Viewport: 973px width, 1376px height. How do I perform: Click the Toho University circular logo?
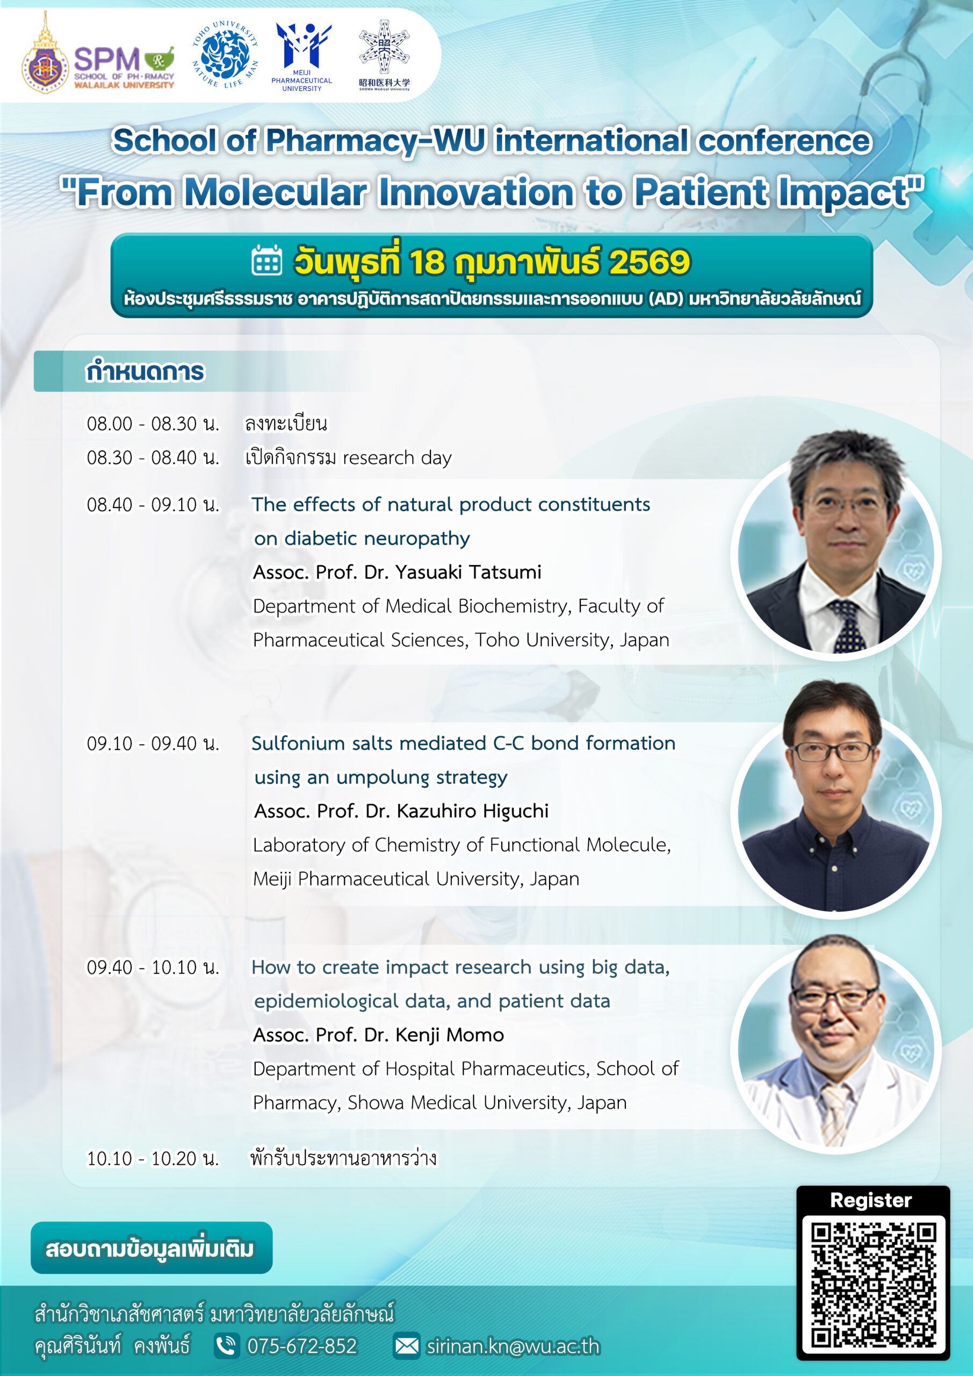pyautogui.click(x=225, y=54)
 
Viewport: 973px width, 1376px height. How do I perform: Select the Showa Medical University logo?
pyautogui.click(x=384, y=55)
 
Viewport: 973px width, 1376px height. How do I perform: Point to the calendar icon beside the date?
pyautogui.click(x=266, y=260)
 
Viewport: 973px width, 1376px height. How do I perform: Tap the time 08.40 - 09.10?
pyautogui.click(x=153, y=505)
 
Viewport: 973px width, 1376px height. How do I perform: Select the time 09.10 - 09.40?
pyautogui.click(x=153, y=744)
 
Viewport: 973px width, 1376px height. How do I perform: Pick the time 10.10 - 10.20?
pyautogui.click(x=153, y=1158)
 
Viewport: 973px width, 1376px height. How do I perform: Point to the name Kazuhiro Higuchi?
pyautogui.click(x=473, y=811)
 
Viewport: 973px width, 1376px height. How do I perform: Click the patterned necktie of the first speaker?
pyautogui.click(x=846, y=626)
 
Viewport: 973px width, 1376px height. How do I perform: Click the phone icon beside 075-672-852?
pyautogui.click(x=227, y=1346)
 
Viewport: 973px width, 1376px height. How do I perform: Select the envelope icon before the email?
pyautogui.click(x=407, y=1346)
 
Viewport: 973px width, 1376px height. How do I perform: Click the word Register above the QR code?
pyautogui.click(x=871, y=1200)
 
